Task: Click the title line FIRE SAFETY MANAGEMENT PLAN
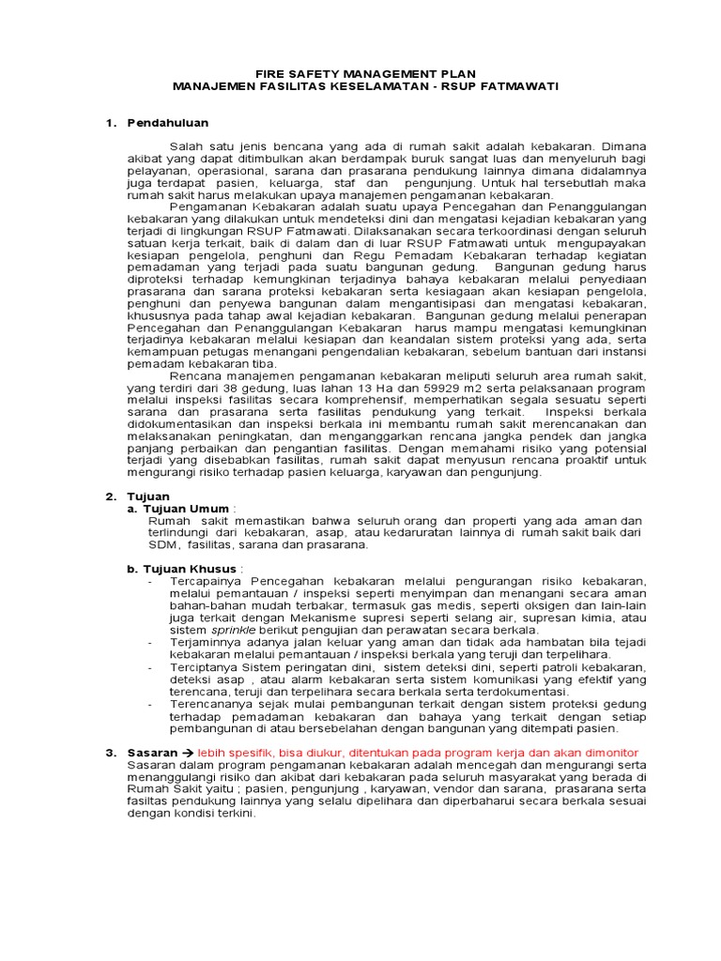pos(366,73)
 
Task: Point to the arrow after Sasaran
pos(187,753)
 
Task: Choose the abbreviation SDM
pos(162,544)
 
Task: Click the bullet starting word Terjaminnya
pos(207,642)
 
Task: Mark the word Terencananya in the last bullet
pos(210,703)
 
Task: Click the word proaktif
pos(566,461)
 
